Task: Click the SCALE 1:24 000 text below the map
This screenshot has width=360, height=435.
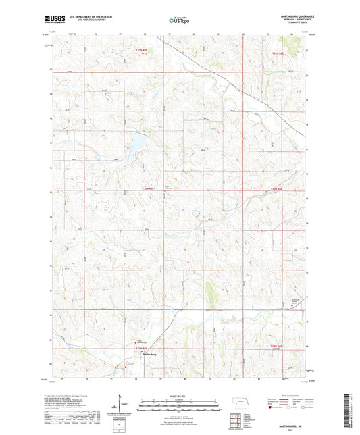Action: pos(180,396)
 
